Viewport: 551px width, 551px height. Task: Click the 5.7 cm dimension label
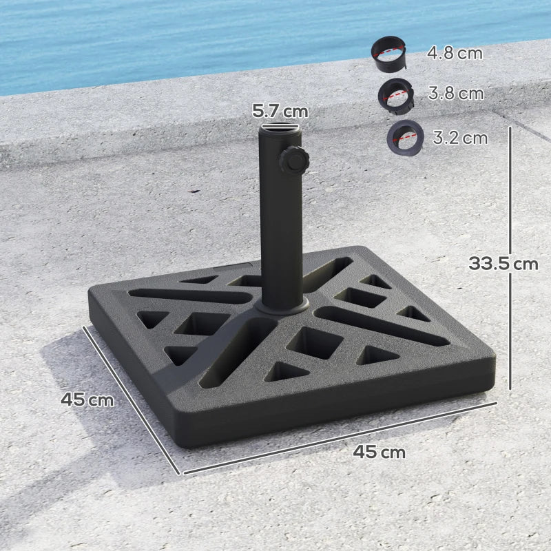(x=280, y=110)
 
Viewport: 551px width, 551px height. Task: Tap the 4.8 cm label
(x=455, y=52)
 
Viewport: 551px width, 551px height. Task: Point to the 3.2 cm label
(x=460, y=138)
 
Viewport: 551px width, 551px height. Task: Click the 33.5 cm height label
(x=503, y=263)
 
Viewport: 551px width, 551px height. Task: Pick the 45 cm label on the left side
(x=87, y=399)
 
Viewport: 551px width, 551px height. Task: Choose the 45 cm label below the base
(x=379, y=453)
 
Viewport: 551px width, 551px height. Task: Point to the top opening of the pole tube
(x=280, y=127)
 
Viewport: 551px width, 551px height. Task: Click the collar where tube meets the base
(x=282, y=306)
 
